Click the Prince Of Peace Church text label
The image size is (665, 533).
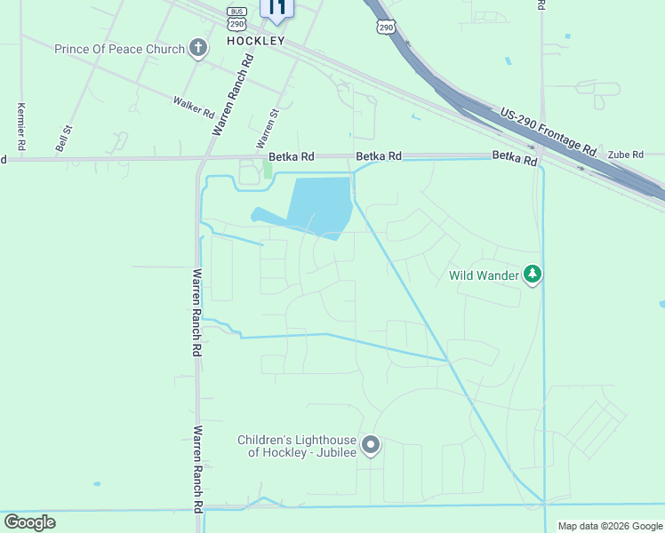(119, 49)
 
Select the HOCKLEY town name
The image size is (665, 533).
(256, 41)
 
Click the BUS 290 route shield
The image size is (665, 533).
(236, 17)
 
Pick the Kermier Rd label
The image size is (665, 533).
(20, 125)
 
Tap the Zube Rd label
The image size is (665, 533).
(626, 155)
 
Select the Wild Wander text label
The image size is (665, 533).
(485, 275)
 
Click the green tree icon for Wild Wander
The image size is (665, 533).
(533, 274)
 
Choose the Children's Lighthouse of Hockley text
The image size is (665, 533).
(297, 446)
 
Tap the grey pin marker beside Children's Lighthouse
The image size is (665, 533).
(372, 444)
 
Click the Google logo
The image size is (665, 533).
(29, 522)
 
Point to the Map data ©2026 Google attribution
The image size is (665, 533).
(609, 526)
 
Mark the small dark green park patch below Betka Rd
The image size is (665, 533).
(268, 169)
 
